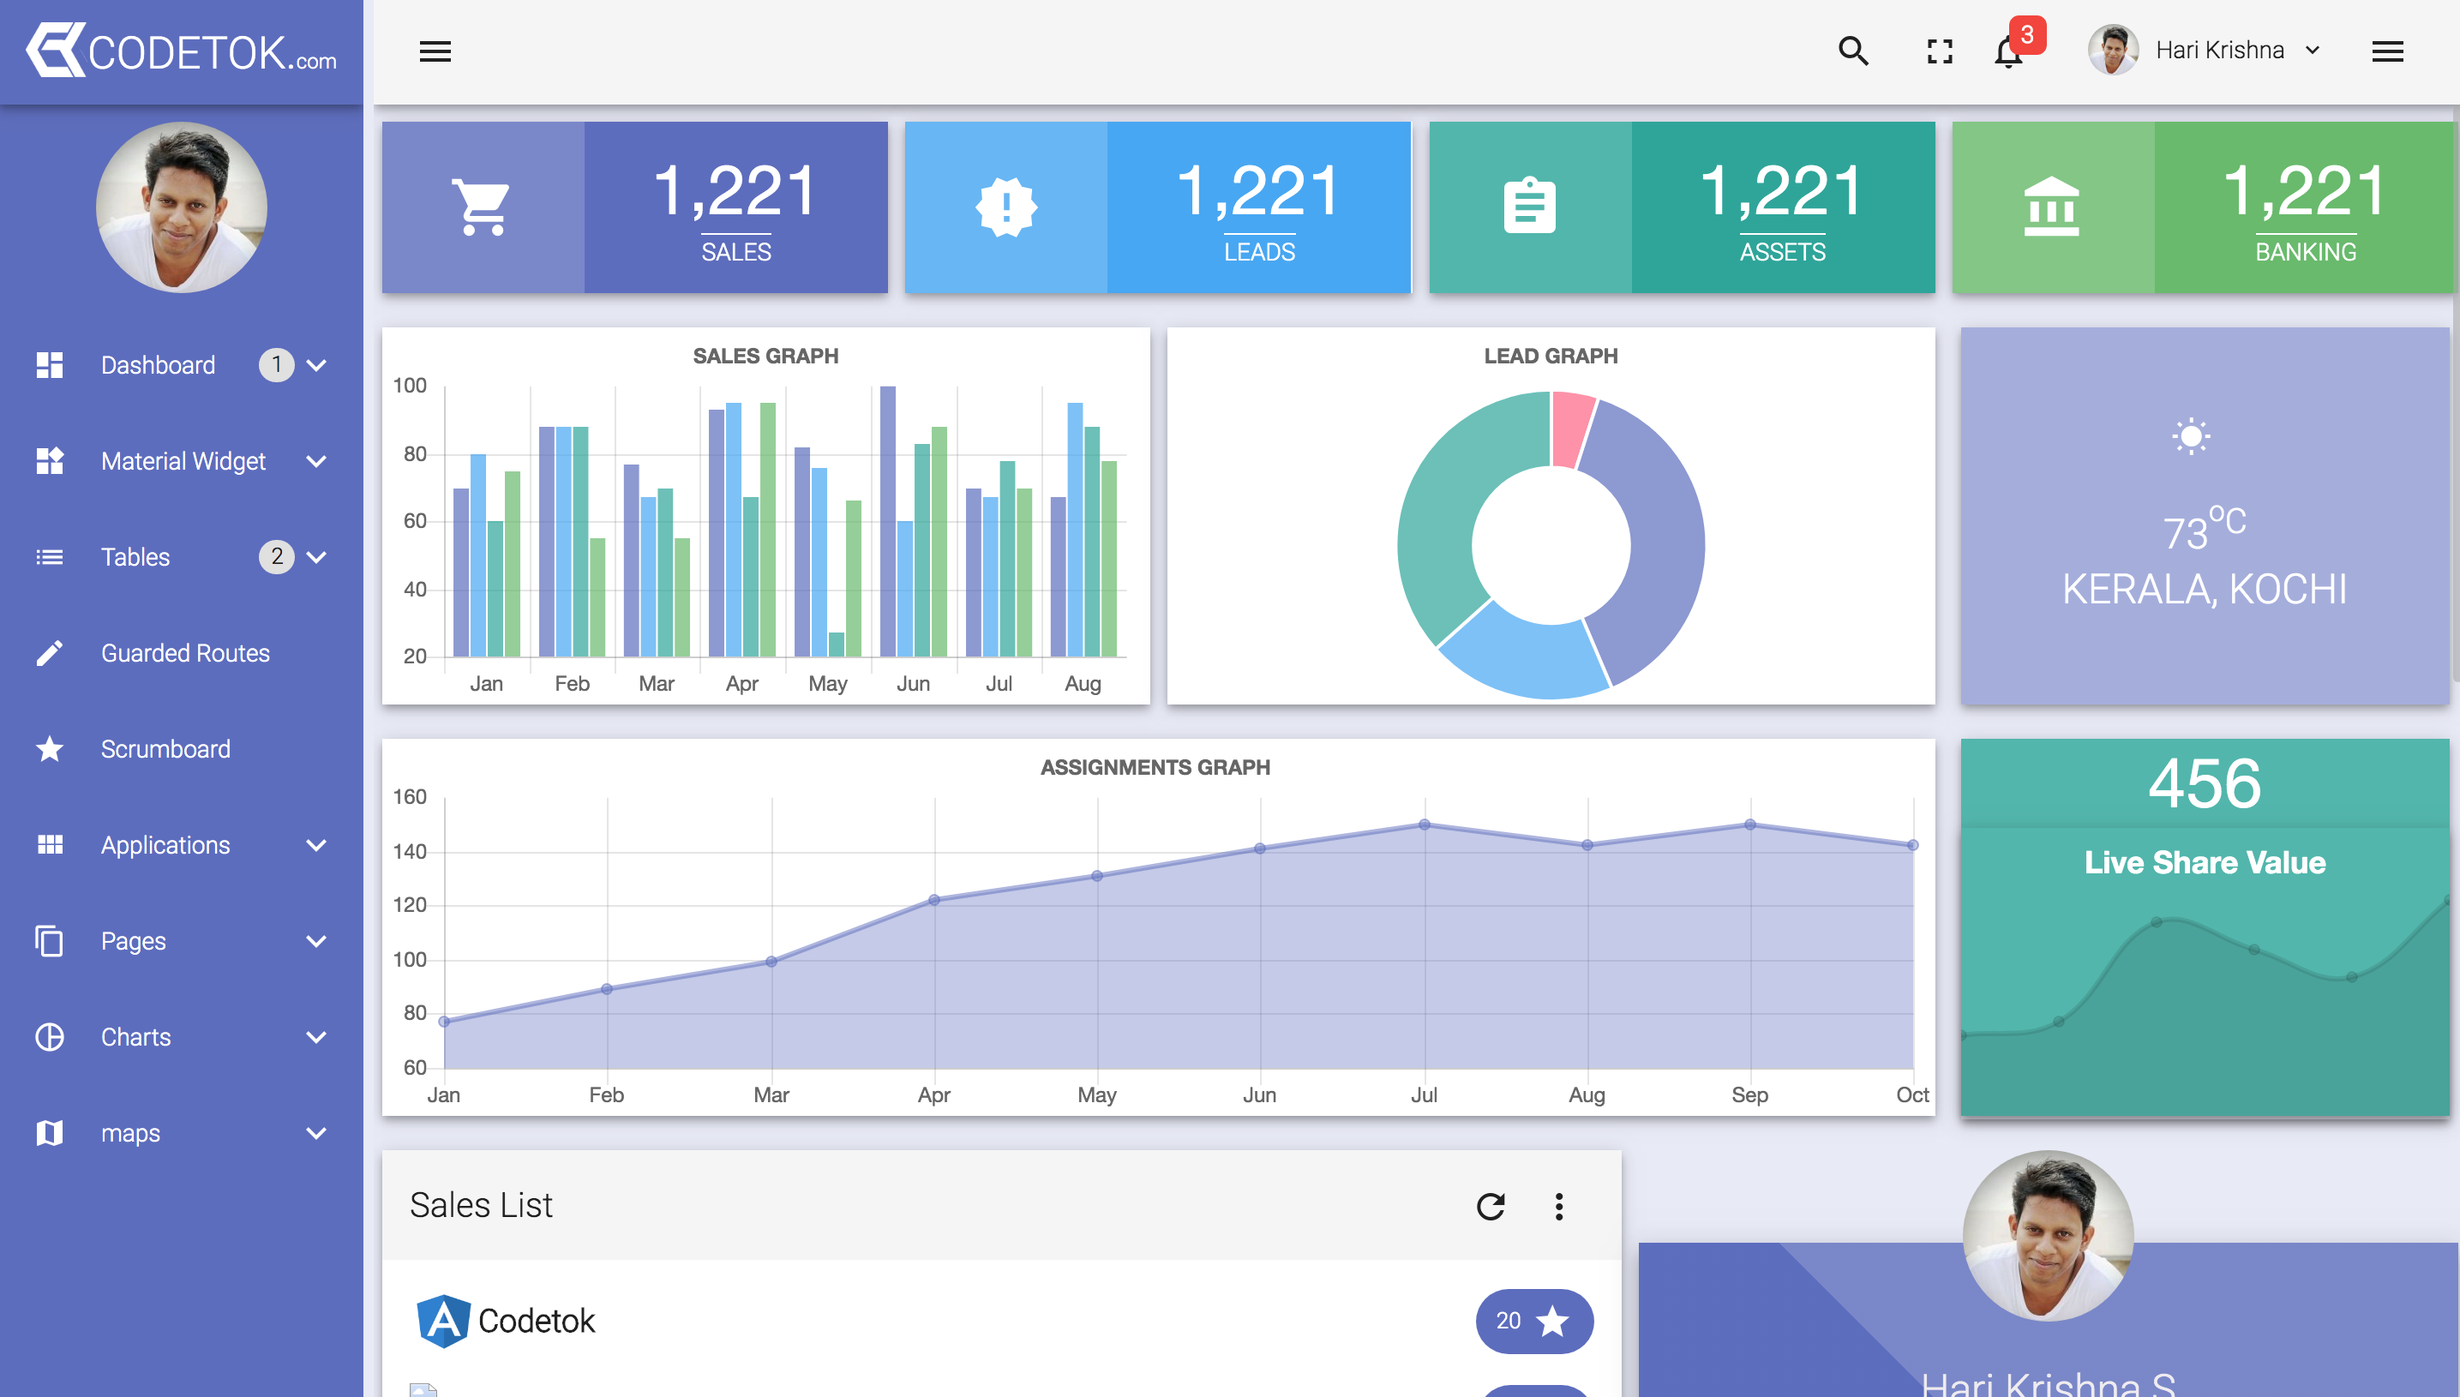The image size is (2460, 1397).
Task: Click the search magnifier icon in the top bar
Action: tap(1852, 51)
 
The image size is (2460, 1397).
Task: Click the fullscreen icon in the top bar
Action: tap(1939, 51)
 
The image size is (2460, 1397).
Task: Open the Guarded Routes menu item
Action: tap(185, 653)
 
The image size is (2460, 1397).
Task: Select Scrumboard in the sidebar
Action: tap(165, 749)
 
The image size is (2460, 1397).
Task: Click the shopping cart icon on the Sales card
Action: tap(482, 207)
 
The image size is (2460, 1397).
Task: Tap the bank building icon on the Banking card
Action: tap(2051, 207)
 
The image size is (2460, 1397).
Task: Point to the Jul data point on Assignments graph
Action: tap(1424, 825)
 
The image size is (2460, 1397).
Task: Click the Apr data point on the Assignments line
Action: tap(934, 900)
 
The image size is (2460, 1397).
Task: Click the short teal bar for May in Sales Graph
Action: tap(837, 645)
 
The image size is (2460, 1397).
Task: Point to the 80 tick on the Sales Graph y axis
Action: tap(415, 454)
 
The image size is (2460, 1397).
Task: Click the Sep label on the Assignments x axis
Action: tap(1749, 1094)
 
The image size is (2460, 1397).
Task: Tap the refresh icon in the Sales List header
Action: tap(1490, 1206)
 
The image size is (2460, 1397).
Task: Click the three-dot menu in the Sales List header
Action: tap(1559, 1206)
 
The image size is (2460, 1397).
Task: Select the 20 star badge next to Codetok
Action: tap(1533, 1322)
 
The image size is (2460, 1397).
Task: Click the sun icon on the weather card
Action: tap(2190, 437)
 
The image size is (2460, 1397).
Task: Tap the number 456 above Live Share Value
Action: tap(2204, 784)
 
